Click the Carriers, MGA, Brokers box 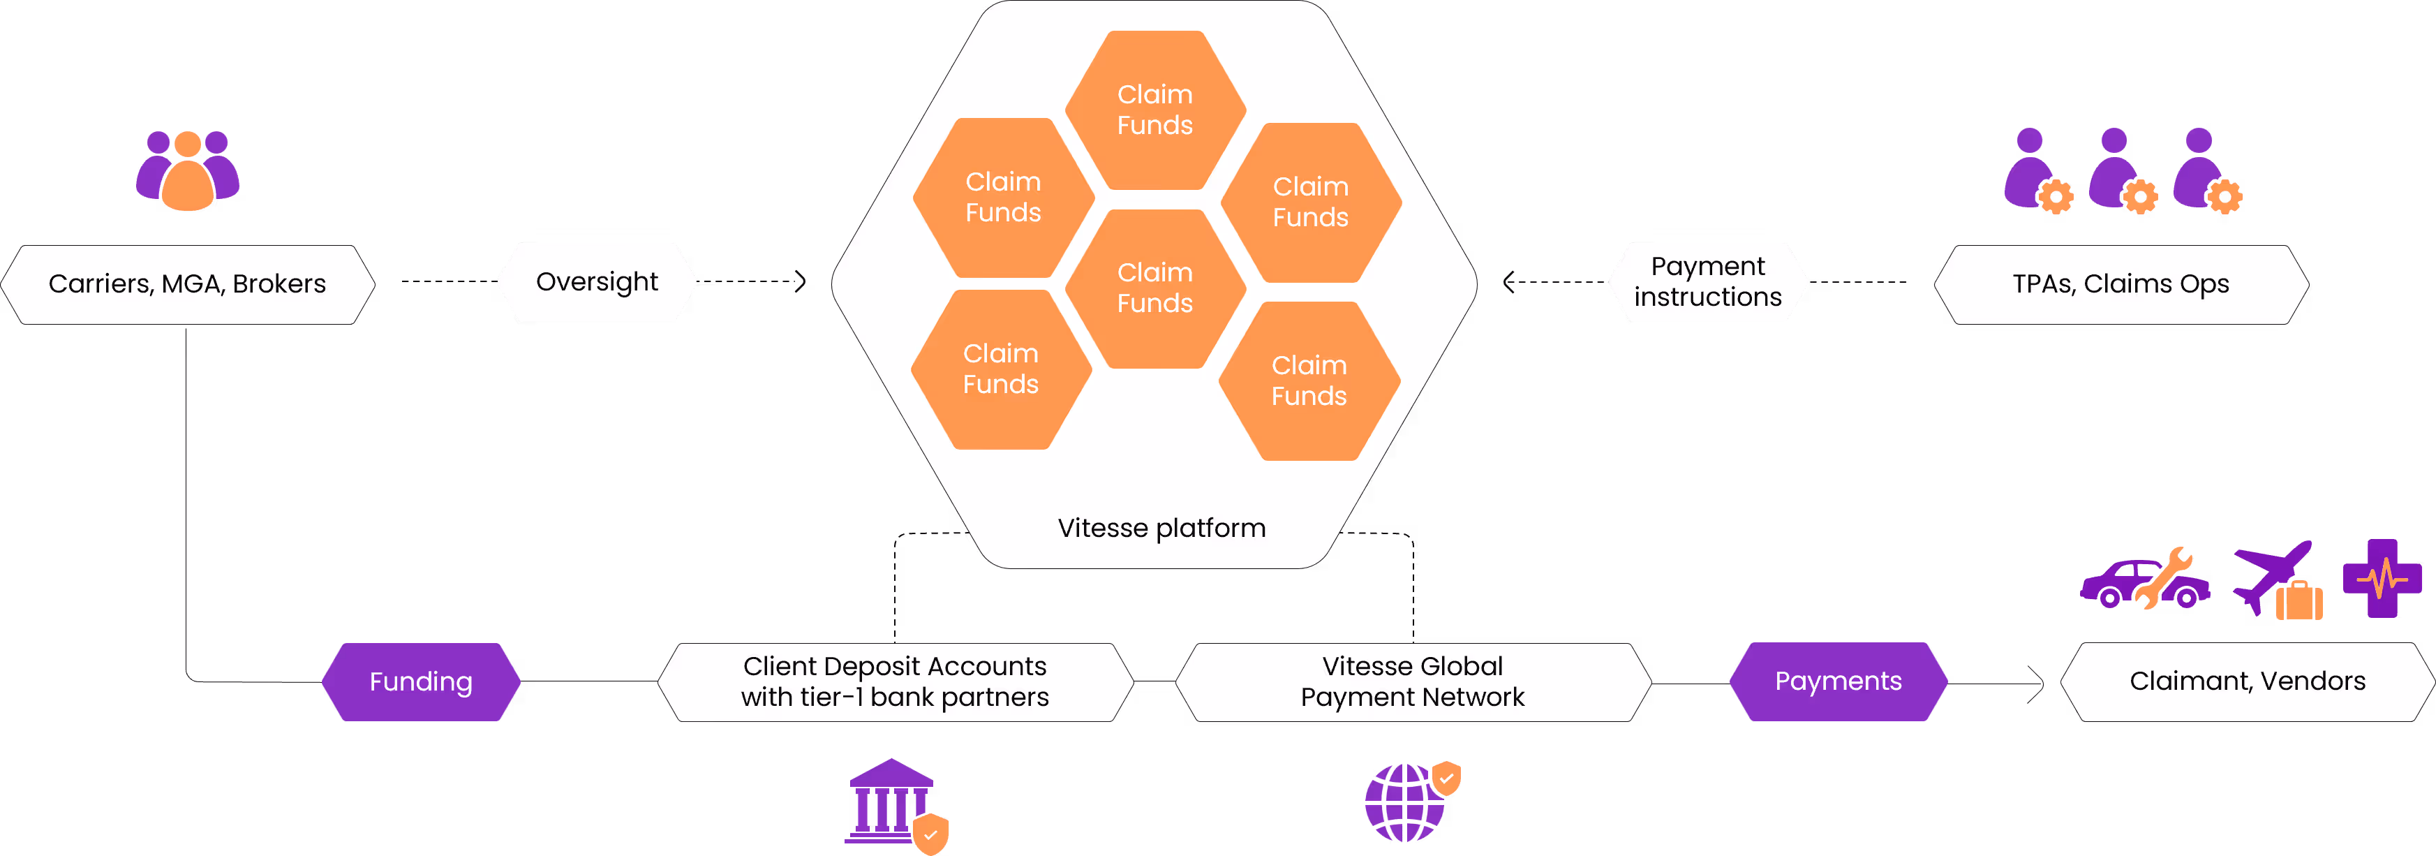click(x=187, y=283)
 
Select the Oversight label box click(x=597, y=282)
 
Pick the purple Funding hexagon click(x=421, y=681)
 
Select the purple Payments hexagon click(x=1837, y=681)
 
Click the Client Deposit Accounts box click(x=895, y=681)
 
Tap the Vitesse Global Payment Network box click(x=1412, y=681)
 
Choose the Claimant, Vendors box click(x=2247, y=681)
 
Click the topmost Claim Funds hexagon click(x=1154, y=110)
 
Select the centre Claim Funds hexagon click(x=1154, y=288)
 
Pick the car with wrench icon click(x=2143, y=580)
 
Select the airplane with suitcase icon click(x=2274, y=579)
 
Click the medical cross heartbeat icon click(x=2382, y=578)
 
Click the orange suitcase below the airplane click(x=2299, y=600)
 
